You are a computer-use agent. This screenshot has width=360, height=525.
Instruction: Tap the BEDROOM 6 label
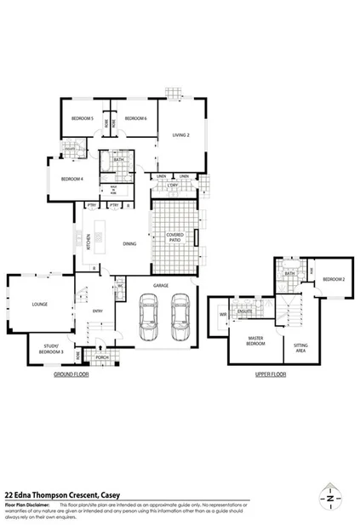click(136, 118)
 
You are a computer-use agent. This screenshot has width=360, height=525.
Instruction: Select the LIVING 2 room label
click(180, 135)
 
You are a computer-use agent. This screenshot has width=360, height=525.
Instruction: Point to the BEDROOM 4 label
click(71, 179)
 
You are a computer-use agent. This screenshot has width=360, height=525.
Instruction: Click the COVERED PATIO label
click(174, 239)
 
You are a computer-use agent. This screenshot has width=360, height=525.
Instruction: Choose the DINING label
click(129, 244)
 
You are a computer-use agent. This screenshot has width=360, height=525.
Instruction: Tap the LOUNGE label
click(39, 304)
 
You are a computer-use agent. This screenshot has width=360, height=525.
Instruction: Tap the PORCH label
click(101, 357)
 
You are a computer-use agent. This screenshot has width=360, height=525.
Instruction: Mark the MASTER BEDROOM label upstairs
click(256, 341)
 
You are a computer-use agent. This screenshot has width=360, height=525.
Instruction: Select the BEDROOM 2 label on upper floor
click(332, 279)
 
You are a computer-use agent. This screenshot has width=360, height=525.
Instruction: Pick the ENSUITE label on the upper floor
click(247, 311)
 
